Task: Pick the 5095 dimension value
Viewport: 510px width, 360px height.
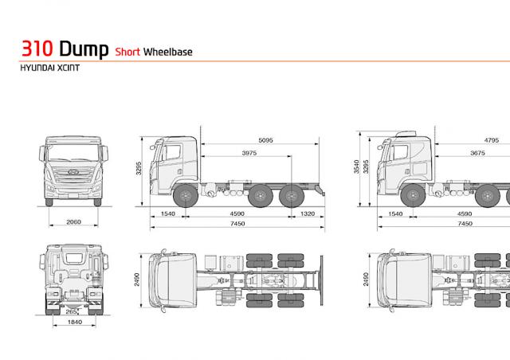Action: pyautogui.click(x=265, y=140)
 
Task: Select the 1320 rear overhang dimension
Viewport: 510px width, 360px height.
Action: pyautogui.click(x=310, y=214)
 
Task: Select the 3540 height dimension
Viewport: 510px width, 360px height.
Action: pyautogui.click(x=358, y=166)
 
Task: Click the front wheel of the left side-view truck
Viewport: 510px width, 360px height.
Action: pyautogui.click(x=185, y=195)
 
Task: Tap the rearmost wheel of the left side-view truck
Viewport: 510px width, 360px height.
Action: pyautogui.click(x=296, y=195)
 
